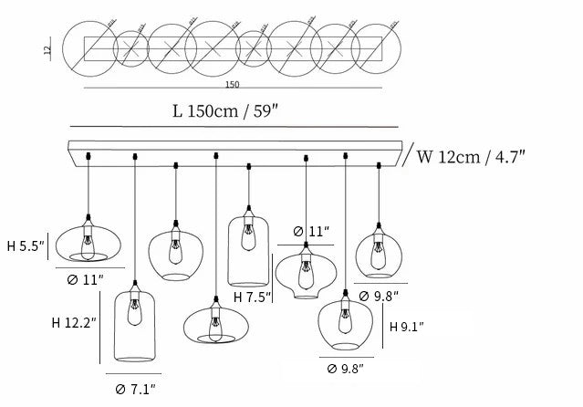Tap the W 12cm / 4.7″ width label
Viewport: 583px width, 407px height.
pyautogui.click(x=472, y=156)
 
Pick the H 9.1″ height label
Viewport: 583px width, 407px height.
pyautogui.click(x=407, y=326)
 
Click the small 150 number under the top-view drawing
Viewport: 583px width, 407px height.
pyautogui.click(x=232, y=85)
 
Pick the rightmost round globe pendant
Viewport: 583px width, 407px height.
pyautogui.click(x=379, y=250)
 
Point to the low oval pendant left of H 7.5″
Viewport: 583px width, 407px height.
pyautogui.click(x=214, y=323)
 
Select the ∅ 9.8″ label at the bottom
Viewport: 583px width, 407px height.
pyautogui.click(x=346, y=369)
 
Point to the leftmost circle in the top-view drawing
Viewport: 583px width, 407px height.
pyautogui.click(x=89, y=45)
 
